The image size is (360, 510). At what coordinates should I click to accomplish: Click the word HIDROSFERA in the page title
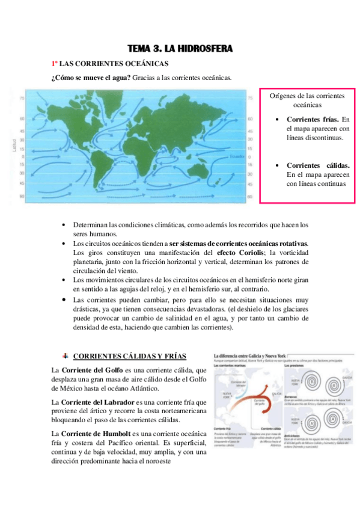click(203, 48)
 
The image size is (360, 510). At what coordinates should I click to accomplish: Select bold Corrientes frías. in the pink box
click(313, 119)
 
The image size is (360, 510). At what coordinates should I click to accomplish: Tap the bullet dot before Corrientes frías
click(276, 120)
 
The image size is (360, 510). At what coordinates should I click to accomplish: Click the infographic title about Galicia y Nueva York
click(246, 355)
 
